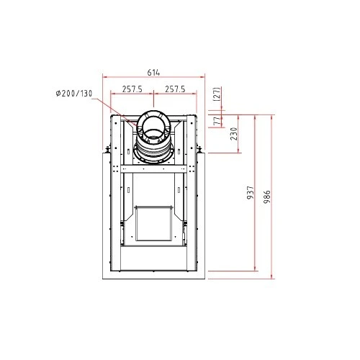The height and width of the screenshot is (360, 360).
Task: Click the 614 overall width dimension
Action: tap(153, 72)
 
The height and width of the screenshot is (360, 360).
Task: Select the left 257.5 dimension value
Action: tap(132, 89)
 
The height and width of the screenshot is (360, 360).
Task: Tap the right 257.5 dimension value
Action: tap(175, 89)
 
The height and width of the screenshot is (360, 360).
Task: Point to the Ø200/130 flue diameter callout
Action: tap(74, 94)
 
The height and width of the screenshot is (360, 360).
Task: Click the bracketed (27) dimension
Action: tap(216, 94)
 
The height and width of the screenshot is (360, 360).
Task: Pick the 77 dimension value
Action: tap(217, 121)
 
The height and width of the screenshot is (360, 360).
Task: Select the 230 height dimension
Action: tap(233, 134)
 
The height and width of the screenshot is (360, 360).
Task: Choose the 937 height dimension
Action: tap(250, 192)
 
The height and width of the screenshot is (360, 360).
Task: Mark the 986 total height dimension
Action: tap(266, 197)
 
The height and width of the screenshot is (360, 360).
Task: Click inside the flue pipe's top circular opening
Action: tap(153, 124)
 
